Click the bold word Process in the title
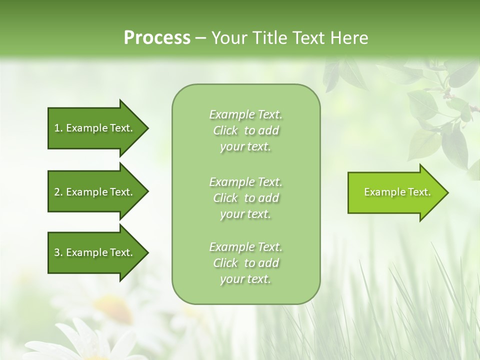[x=157, y=38]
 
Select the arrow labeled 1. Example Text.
[x=95, y=128]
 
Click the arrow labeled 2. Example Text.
[x=95, y=192]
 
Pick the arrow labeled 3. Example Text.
[x=95, y=252]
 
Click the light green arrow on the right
[x=395, y=192]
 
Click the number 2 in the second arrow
[x=57, y=192]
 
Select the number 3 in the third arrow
[x=57, y=252]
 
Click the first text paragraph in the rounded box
[x=245, y=130]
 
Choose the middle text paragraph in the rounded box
[x=245, y=198]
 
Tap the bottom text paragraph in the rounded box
[x=245, y=263]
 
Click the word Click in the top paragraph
[x=225, y=130]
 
